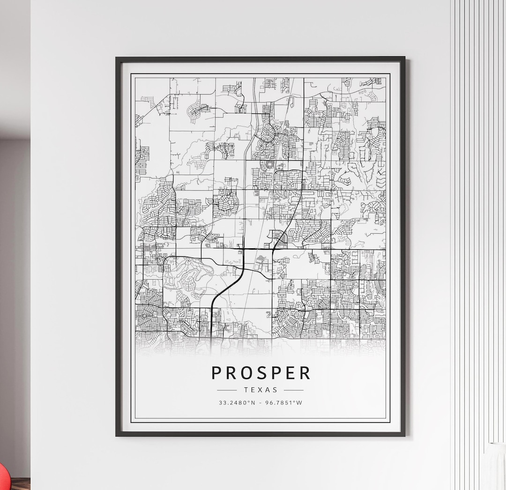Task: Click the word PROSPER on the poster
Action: tap(260, 373)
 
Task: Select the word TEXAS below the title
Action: tap(260, 390)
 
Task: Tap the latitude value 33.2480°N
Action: tap(237, 402)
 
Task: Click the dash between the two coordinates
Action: tap(261, 402)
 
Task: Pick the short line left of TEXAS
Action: tap(227, 390)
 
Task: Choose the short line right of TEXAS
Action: tap(294, 390)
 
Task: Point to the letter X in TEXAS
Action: tap(260, 390)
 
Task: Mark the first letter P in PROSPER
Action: tap(216, 373)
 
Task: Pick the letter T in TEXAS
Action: tap(246, 390)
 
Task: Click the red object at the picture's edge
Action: tap(4, 478)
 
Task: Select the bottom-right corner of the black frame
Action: tap(404, 435)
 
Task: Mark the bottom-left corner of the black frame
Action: tap(117, 435)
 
